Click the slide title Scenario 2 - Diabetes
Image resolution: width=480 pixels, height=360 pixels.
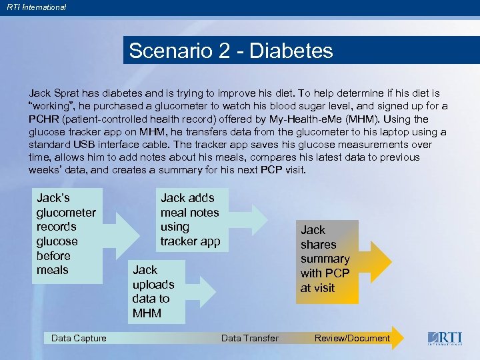(231, 51)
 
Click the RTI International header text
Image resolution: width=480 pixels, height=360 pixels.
(37, 7)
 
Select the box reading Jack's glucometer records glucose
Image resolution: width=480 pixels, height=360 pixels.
(66, 234)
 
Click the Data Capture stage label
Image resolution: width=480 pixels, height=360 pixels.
(79, 338)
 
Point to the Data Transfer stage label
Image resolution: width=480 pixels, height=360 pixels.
(249, 338)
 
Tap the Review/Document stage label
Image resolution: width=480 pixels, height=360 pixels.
(352, 338)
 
